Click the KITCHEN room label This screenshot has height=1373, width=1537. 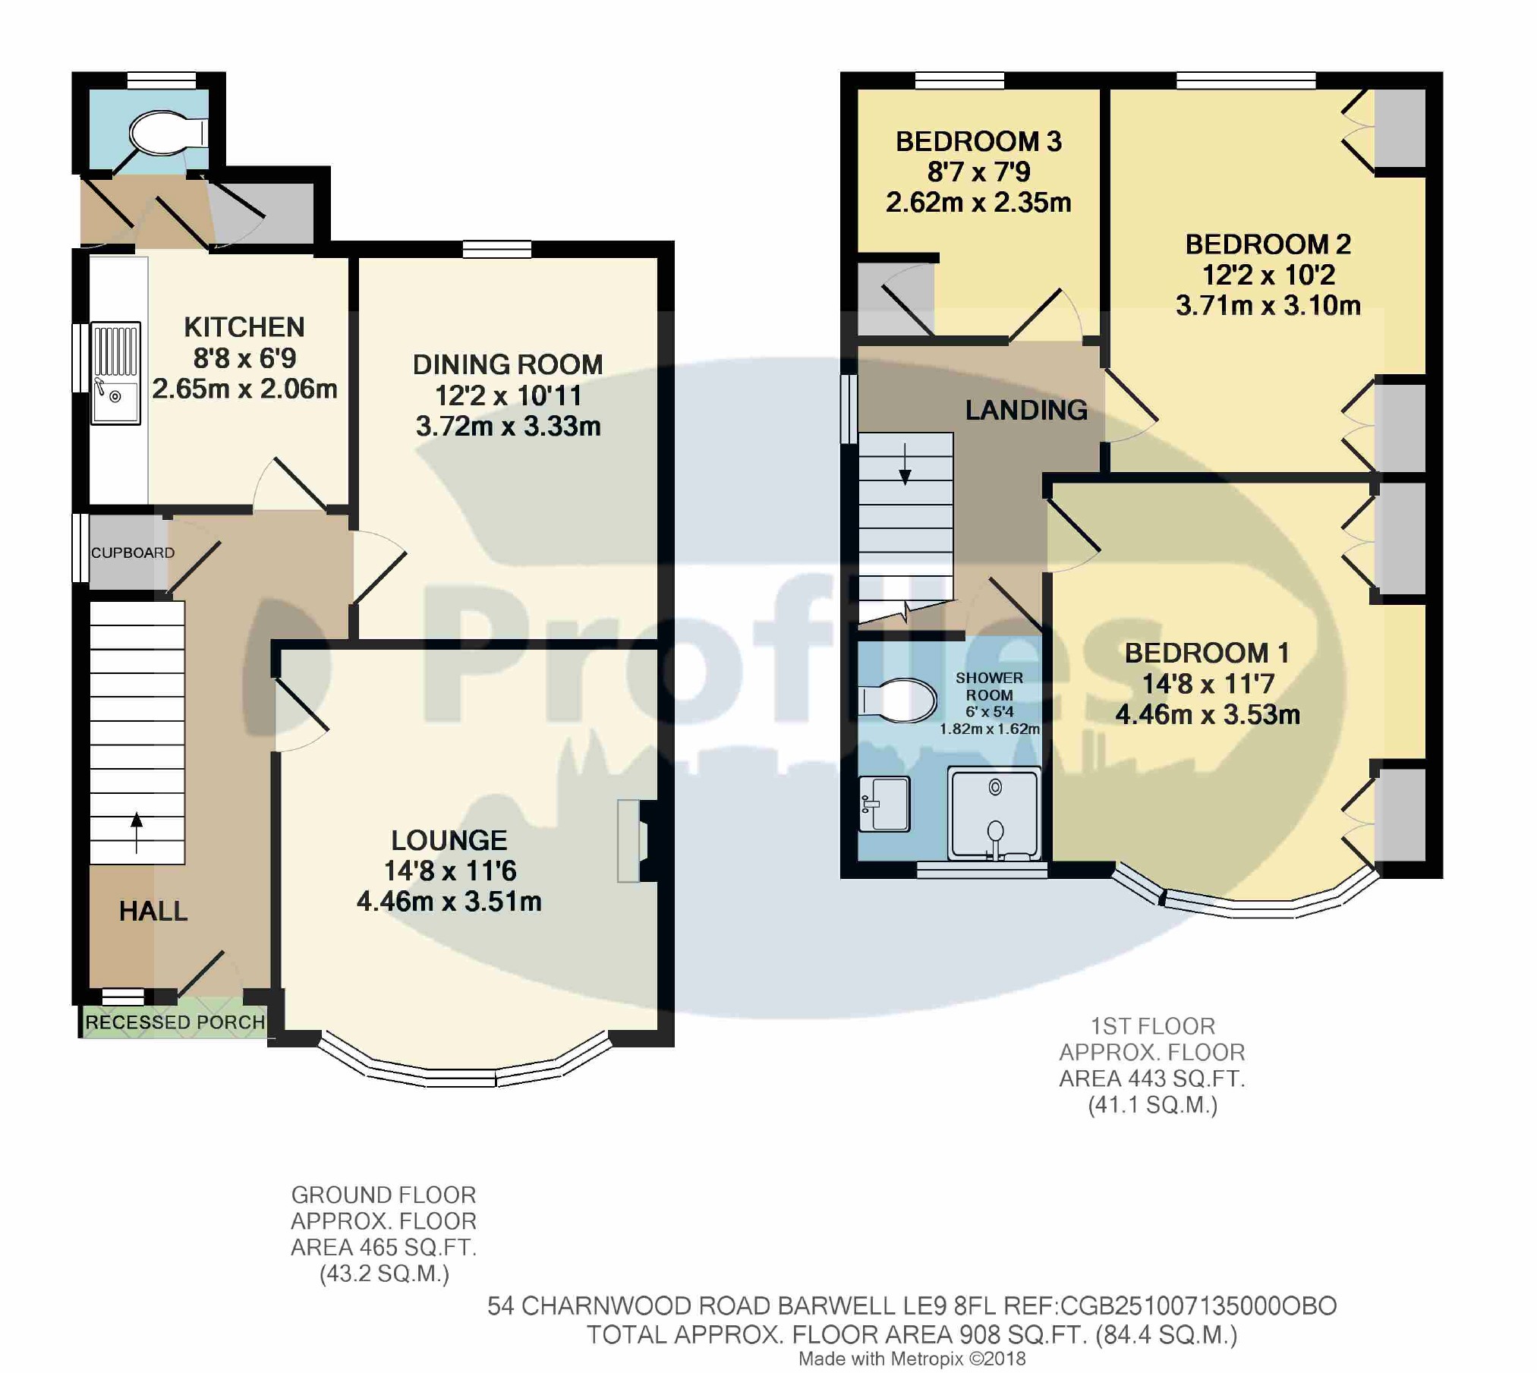pos(244,327)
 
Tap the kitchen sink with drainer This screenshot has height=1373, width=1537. pos(116,372)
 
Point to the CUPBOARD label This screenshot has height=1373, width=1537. pos(133,553)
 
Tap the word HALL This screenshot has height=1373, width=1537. pos(153,911)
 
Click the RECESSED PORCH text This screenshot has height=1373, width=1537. pos(175,1022)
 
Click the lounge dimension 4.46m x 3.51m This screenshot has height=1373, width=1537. pos(449,902)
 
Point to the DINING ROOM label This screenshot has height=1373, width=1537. pos(507,364)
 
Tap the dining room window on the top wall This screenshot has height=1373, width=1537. pos(497,249)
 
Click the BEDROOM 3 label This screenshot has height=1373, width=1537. pos(978,141)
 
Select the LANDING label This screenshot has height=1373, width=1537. pos(1026,410)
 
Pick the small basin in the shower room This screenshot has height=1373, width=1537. pos(884,803)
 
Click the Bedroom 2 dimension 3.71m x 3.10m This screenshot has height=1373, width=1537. pos(1268,305)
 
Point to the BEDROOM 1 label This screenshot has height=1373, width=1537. pos(1206,653)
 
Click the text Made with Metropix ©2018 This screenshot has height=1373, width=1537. pos(912,1359)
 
